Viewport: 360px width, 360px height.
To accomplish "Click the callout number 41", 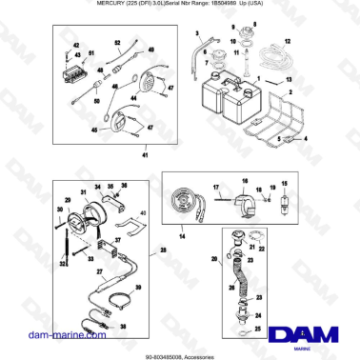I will pos(144,154).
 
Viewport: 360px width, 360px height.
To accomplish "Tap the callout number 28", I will pos(163,250).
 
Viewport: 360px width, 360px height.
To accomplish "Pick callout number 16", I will pos(244,180).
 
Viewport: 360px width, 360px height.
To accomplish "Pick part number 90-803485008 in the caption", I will pos(168,353).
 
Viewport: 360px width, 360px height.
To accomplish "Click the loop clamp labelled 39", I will pos(119,303).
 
